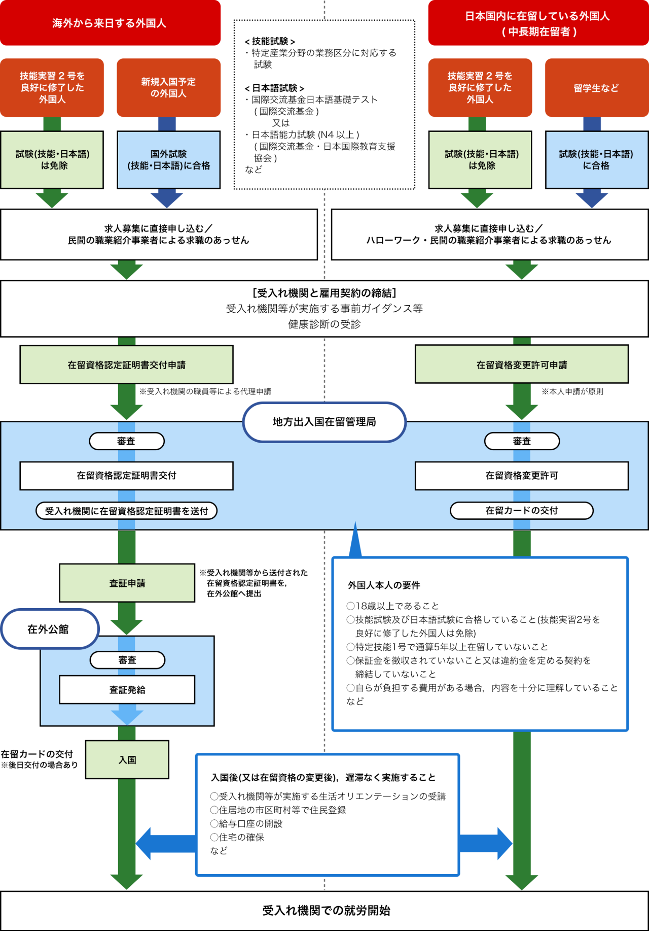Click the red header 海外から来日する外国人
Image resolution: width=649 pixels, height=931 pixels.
click(110, 23)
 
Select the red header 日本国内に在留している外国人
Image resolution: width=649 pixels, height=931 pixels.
click(538, 23)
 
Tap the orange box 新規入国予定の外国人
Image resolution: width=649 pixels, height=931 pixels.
click(168, 87)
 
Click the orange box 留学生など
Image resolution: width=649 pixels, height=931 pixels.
click(596, 88)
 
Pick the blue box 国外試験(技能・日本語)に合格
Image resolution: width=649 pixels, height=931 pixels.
click(168, 159)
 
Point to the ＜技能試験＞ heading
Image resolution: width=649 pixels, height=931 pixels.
click(270, 41)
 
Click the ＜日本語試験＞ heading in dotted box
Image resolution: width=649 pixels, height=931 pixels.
click(274, 88)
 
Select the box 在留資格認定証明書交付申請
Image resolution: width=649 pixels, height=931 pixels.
click(126, 364)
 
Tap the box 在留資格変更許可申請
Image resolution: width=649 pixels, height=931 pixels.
click(521, 364)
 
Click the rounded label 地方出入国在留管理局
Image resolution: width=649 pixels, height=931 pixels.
click(324, 422)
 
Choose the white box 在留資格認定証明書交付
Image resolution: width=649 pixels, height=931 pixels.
click(126, 476)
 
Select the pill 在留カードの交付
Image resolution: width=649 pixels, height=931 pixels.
click(521, 511)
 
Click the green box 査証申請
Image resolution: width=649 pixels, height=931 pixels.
click(127, 583)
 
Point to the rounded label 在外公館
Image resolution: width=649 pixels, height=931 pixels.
click(48, 629)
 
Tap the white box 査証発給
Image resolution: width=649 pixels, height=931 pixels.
click(127, 690)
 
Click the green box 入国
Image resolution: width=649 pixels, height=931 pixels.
click(127, 760)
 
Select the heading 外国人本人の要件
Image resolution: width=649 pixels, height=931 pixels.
click(384, 585)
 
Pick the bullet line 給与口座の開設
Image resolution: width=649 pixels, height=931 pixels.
click(247, 823)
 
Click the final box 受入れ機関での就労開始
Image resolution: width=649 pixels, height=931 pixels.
click(326, 911)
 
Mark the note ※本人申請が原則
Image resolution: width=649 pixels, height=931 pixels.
click(572, 391)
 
